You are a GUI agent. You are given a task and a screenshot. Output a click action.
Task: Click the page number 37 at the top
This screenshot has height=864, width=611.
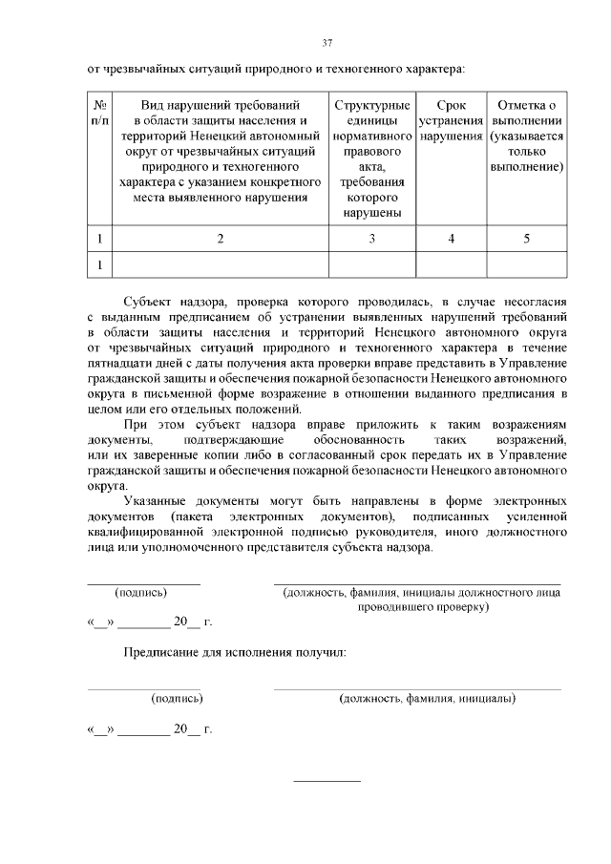tap(327, 42)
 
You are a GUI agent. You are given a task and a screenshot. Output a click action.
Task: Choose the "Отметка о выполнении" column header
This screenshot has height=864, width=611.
tap(526, 135)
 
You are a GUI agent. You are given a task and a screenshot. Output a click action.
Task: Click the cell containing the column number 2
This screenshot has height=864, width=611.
tap(220, 239)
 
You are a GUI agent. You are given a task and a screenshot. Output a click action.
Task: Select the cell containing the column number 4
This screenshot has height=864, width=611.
tap(451, 239)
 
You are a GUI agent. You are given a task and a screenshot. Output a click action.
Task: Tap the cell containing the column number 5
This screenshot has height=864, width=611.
tap(526, 239)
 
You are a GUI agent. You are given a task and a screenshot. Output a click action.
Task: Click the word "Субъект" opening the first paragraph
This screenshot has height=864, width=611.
tap(148, 300)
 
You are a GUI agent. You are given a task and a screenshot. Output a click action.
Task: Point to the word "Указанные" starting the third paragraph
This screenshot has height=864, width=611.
tap(156, 499)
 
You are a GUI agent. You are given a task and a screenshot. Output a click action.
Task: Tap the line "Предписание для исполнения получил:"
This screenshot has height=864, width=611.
tap(234, 653)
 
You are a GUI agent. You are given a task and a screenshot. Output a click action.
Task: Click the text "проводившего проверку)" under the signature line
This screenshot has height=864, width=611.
tap(422, 606)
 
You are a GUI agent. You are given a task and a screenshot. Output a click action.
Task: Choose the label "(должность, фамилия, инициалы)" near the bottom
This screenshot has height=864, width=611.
tap(428, 698)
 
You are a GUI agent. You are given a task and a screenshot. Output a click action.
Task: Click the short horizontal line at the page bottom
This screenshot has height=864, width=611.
tap(327, 782)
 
